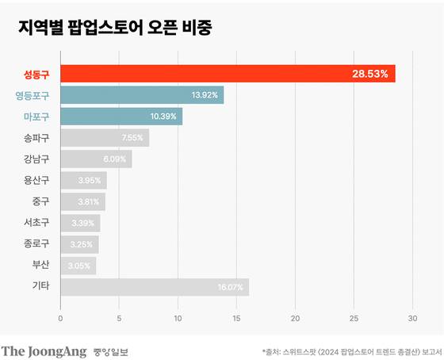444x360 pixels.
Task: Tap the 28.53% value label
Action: click(370, 74)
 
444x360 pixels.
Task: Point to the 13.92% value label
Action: click(205, 95)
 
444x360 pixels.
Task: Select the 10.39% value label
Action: click(163, 117)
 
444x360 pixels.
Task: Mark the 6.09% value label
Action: click(116, 159)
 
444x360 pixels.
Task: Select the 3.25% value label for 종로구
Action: click(83, 244)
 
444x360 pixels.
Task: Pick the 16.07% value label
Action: click(230, 287)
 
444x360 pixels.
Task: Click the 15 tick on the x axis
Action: click(236, 319)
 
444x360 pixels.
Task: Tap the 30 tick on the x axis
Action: click(412, 319)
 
